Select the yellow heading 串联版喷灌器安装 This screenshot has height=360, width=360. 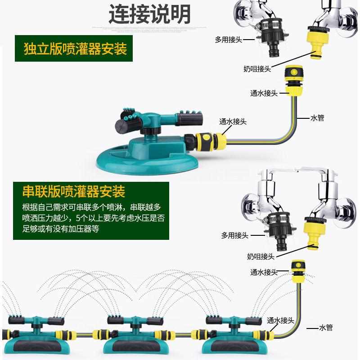point(74,192)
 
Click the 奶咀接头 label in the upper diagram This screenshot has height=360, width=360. point(256,69)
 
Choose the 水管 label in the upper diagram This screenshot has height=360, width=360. point(317,118)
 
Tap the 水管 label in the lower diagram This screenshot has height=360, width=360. point(325,328)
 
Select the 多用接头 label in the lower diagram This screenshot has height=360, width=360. point(234,235)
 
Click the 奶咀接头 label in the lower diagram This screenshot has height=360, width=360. point(261,256)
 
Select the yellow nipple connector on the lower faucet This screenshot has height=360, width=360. point(315,232)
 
